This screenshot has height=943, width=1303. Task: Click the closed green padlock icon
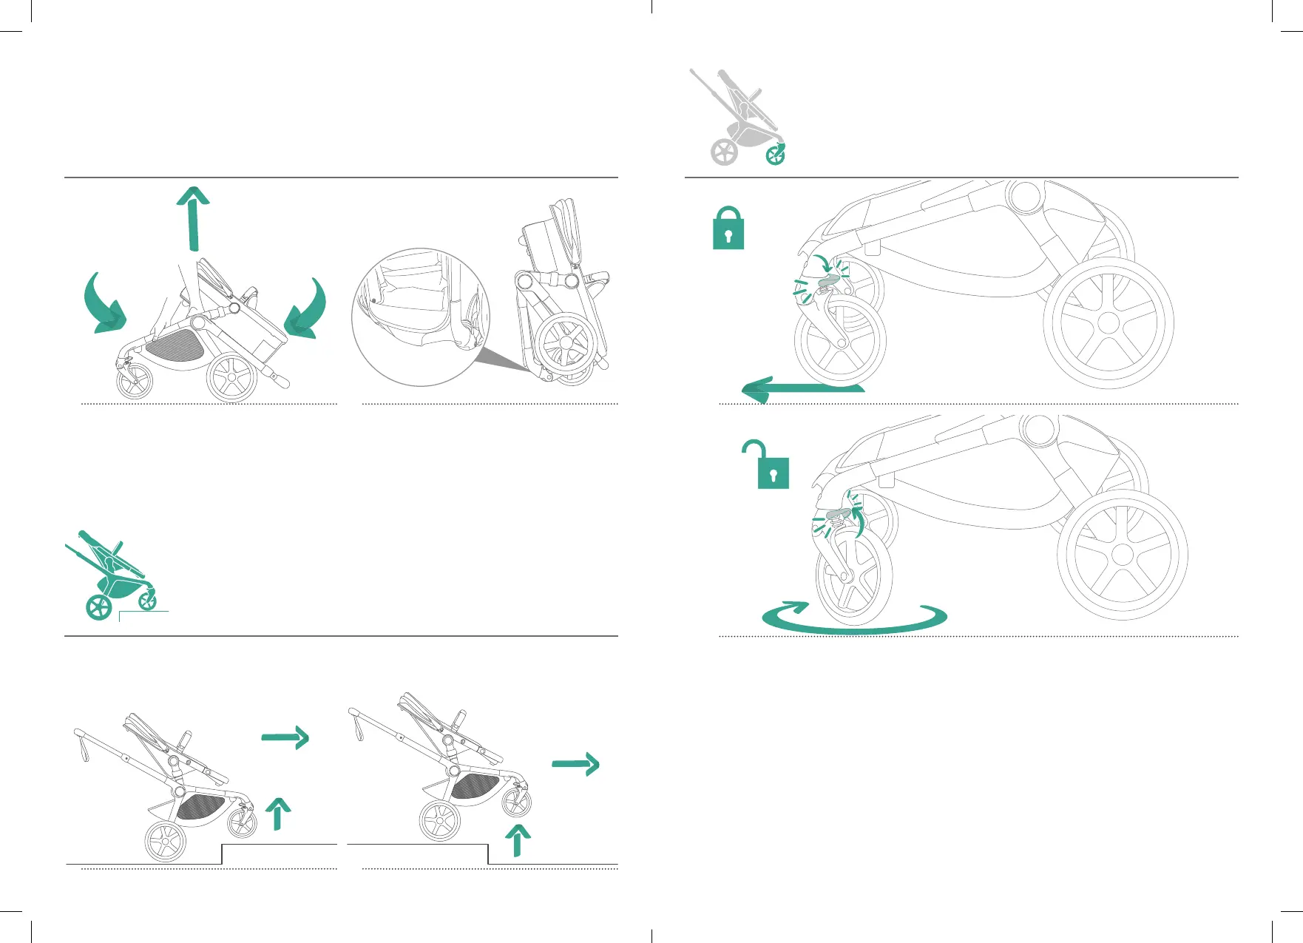(x=728, y=229)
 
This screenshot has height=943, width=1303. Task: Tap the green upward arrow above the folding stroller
(x=194, y=219)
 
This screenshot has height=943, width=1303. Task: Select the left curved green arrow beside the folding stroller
(x=103, y=304)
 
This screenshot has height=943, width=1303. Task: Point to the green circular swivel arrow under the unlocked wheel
(x=854, y=619)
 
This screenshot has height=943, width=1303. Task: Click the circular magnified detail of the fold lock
(x=420, y=317)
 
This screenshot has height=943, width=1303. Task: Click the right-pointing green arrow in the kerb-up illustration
(x=285, y=737)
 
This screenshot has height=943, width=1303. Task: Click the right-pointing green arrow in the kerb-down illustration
(x=576, y=764)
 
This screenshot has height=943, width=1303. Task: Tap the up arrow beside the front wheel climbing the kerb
(x=277, y=814)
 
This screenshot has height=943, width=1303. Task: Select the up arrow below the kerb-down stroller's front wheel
(x=518, y=840)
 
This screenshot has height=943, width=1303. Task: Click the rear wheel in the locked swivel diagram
(x=1109, y=322)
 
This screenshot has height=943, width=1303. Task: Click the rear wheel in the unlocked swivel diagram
(x=1123, y=555)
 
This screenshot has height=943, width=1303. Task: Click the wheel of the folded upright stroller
(x=566, y=345)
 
